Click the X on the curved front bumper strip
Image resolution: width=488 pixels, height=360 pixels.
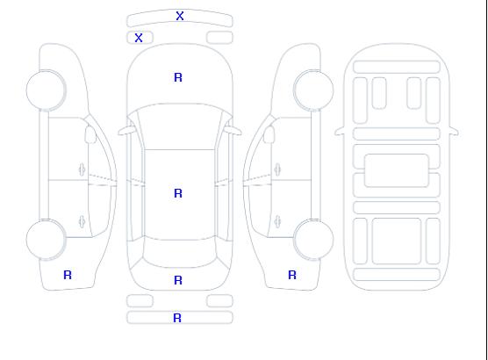(180, 16)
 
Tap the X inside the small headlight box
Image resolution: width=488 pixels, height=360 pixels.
(139, 38)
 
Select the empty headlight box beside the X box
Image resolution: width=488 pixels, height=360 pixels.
(219, 38)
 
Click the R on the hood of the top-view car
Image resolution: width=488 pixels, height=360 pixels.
(178, 77)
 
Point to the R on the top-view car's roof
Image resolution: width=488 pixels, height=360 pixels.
(178, 193)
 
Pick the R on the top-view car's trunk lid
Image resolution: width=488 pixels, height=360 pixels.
(178, 280)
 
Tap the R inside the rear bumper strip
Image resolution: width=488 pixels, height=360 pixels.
(177, 318)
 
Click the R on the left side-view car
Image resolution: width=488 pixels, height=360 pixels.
(68, 275)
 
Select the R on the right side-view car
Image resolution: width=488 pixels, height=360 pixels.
(292, 275)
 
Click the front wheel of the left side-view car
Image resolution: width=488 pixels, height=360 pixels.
(46, 90)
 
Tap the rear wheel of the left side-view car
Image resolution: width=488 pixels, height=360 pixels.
(46, 240)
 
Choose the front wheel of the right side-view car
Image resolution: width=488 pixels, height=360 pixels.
(313, 90)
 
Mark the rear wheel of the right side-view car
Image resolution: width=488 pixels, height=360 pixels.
(313, 240)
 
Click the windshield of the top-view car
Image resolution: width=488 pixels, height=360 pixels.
(180, 126)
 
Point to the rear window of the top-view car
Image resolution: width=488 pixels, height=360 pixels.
(180, 253)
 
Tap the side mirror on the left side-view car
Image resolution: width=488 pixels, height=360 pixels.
(90, 134)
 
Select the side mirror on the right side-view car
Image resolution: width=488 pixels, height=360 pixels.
(269, 134)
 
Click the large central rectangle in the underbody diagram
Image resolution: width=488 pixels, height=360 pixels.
(397, 170)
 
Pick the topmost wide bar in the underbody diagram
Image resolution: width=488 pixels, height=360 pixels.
(397, 68)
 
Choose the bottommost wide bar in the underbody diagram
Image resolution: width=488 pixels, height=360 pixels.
(397, 274)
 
